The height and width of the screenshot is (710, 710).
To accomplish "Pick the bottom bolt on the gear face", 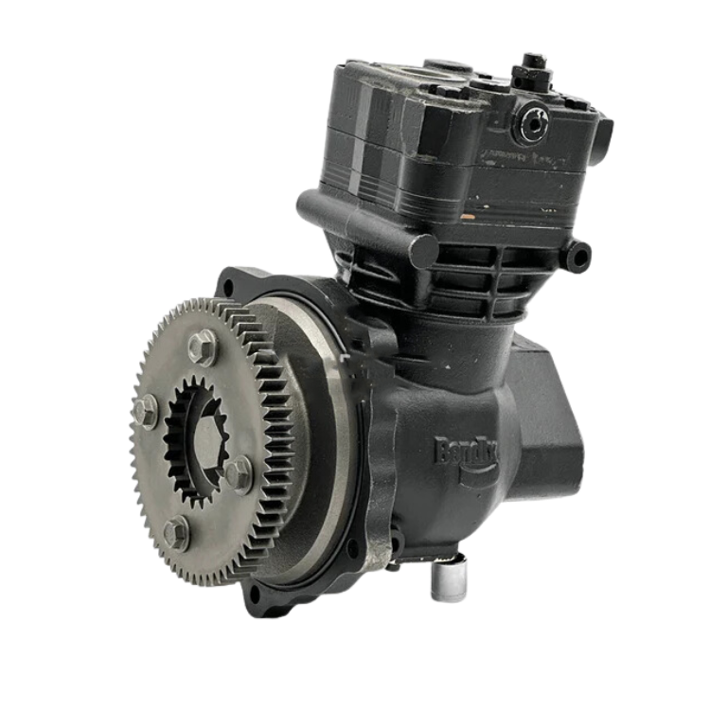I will [x=174, y=533].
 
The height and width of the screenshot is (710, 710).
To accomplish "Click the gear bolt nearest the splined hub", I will [x=239, y=470].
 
